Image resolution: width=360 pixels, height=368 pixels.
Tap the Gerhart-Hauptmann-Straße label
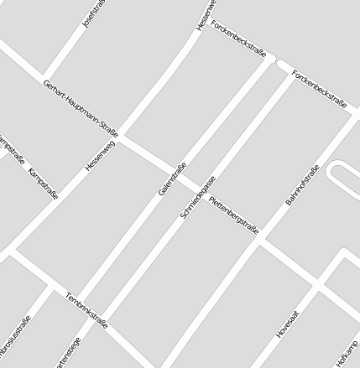pos(81,108)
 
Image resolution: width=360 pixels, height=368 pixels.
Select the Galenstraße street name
pos(171,179)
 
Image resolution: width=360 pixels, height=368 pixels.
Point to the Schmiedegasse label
pos(198,197)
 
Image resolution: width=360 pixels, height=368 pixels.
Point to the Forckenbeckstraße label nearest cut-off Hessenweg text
pos(239,39)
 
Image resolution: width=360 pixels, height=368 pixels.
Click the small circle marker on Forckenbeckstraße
pos(278,61)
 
